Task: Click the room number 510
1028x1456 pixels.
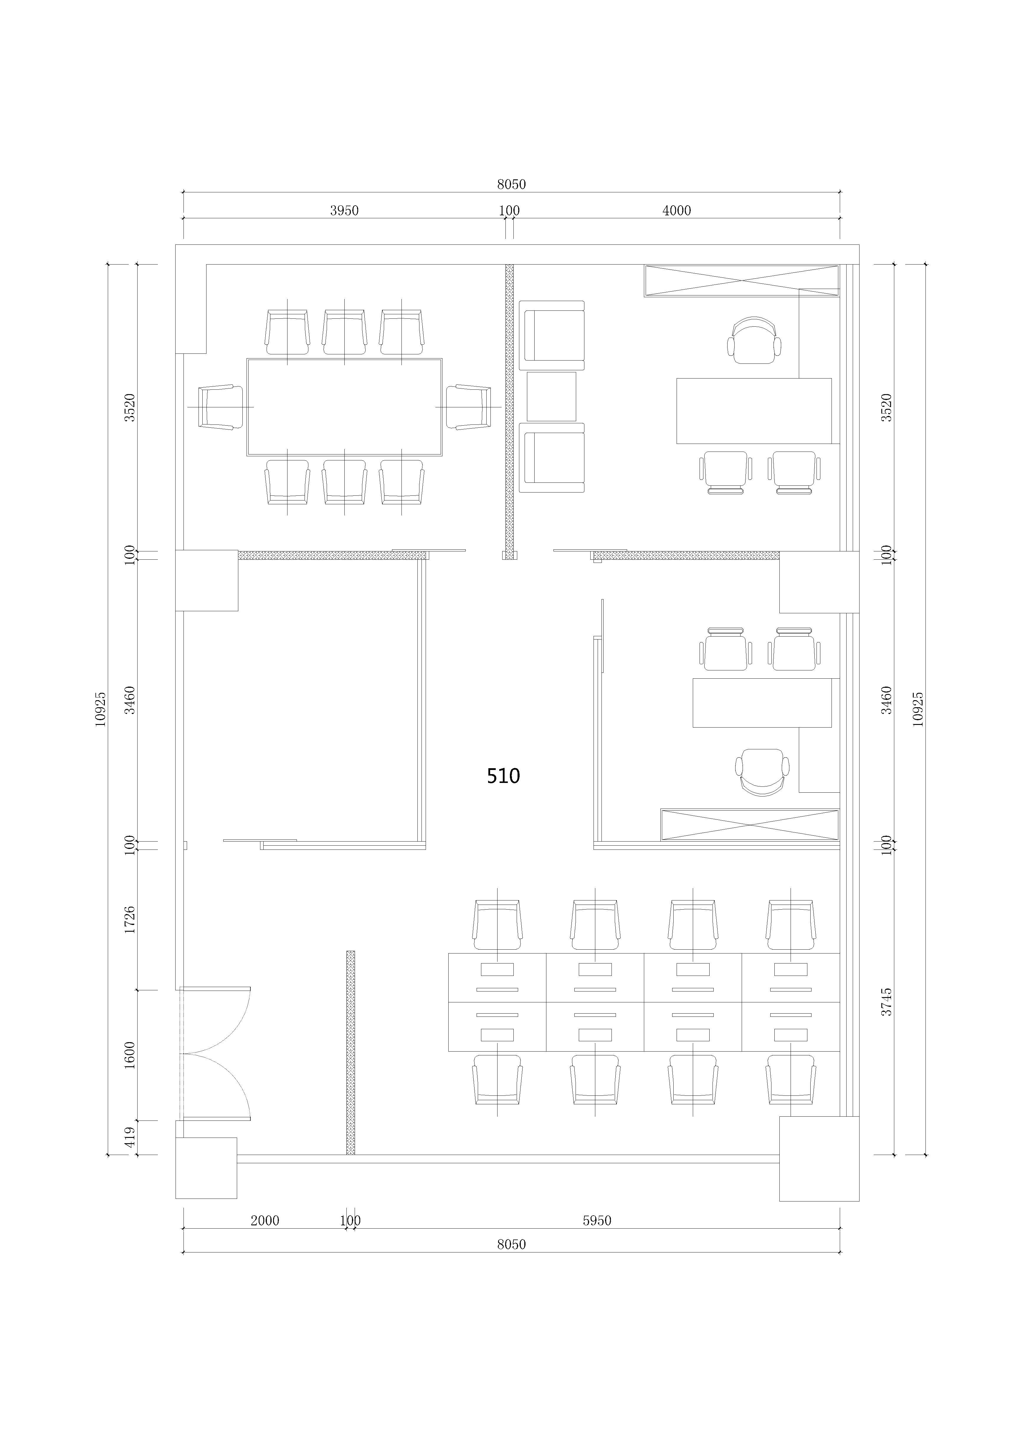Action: [x=503, y=776]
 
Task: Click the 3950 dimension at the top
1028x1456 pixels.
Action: [x=344, y=211]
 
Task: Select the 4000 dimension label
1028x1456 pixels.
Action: [x=677, y=211]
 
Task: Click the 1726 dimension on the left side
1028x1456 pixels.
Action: [x=130, y=920]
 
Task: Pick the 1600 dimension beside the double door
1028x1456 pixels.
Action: [x=130, y=1055]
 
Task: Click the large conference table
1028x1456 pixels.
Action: [x=344, y=406]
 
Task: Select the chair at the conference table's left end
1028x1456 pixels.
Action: [x=221, y=406]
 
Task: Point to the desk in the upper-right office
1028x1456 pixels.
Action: [x=754, y=411]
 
